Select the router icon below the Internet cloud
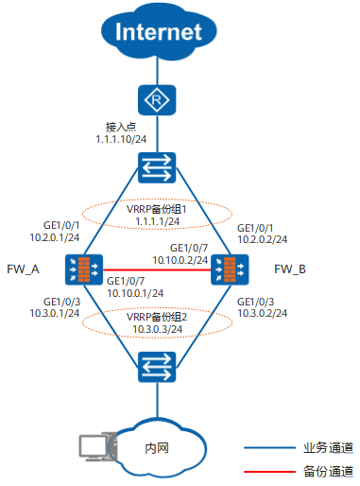(153, 98)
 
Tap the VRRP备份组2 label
(154, 317)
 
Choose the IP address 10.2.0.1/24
(54, 239)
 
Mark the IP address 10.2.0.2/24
(260, 239)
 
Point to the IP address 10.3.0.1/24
(54, 314)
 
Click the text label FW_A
(24, 269)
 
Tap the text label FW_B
(288, 269)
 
